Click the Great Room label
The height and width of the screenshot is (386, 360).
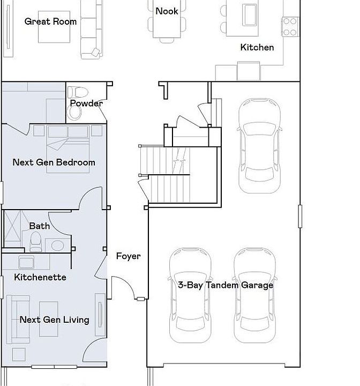pos(50,21)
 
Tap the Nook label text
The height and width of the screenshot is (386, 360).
pos(167,11)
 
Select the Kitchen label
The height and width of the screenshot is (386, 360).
pos(257,47)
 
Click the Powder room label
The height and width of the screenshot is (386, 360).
pos(86,103)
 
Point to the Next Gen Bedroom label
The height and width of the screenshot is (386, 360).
pos(54,162)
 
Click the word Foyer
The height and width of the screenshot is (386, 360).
pos(128,256)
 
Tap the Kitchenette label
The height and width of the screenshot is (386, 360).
pos(40,277)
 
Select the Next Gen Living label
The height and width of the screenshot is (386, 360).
pos(55,320)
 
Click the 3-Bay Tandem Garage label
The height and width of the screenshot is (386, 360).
pos(226,285)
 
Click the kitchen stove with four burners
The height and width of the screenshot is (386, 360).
pos(290,27)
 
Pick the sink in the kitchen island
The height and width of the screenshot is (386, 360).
pos(251,15)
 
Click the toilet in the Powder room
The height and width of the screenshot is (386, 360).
pos(78,92)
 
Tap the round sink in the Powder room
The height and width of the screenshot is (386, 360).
pos(75,113)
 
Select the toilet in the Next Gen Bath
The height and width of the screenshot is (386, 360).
pos(36,242)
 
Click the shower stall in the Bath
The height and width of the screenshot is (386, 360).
pos(13,228)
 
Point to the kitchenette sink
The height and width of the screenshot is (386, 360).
pos(26,262)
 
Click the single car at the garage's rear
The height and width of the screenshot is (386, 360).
pos(259,146)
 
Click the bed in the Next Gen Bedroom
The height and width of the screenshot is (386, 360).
pos(68,149)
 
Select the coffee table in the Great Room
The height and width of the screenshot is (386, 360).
pos(54,27)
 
